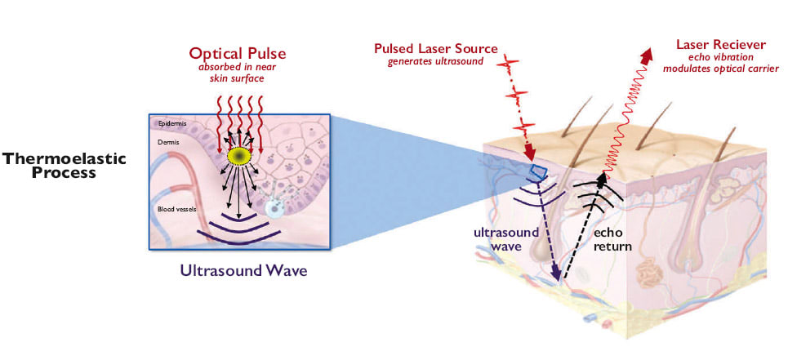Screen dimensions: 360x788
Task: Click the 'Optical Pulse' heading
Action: (x=237, y=53)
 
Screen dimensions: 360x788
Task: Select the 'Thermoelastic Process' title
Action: (x=65, y=165)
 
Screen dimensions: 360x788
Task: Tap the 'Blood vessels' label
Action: (x=176, y=210)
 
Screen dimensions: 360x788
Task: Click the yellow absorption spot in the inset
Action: (x=239, y=156)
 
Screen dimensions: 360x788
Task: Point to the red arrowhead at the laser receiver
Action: (x=647, y=56)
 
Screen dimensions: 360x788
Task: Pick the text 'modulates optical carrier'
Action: (x=721, y=68)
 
